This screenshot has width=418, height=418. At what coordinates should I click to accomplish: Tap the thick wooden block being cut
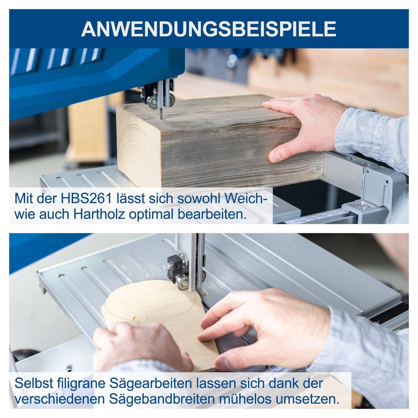tap(223, 146)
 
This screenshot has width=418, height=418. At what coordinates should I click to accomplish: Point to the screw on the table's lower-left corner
tap(69, 368)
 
